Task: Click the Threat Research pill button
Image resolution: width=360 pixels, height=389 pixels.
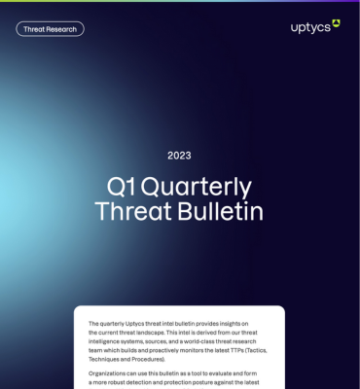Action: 50,29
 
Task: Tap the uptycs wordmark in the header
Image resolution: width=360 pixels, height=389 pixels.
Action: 309,26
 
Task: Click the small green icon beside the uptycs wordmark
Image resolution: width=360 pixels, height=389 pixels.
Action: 336,22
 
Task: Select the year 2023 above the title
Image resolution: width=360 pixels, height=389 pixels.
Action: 179,155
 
